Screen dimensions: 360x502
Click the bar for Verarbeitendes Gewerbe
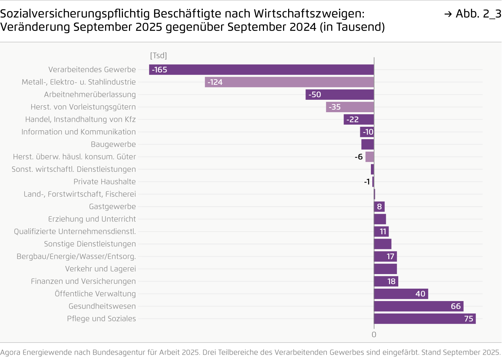point(261,70)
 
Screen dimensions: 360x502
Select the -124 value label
point(215,82)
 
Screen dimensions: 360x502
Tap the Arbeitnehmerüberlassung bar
point(339,94)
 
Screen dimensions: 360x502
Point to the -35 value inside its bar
point(335,107)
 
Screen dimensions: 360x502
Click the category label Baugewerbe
point(113,144)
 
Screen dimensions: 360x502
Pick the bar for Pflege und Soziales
point(425,318)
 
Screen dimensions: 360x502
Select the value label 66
point(455,306)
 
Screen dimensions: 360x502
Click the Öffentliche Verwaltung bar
point(401,294)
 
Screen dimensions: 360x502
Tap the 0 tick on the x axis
point(374,334)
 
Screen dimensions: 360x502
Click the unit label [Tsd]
point(158,55)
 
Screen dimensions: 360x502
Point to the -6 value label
point(358,157)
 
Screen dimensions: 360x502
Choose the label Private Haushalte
point(104,182)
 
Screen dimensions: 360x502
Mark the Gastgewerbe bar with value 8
point(379,207)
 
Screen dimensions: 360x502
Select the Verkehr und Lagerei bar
point(385,269)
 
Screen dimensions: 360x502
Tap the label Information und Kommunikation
point(79,132)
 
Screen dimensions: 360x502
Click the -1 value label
point(367,182)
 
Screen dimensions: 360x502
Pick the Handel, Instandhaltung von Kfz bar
point(358,120)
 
